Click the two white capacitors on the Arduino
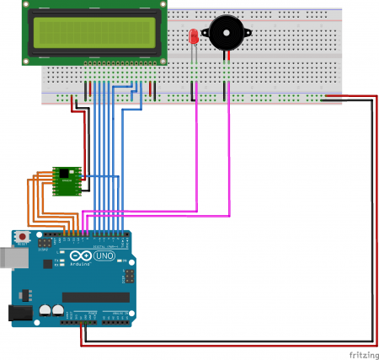(x=52, y=310)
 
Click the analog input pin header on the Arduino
(x=115, y=319)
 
